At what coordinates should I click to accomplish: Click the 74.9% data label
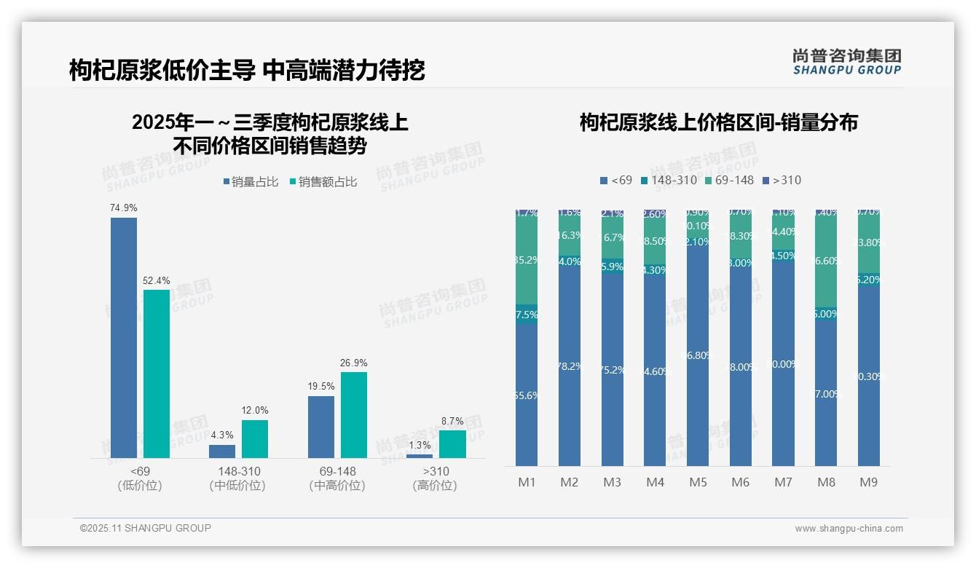click(124, 208)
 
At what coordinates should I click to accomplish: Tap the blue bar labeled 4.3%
click(222, 451)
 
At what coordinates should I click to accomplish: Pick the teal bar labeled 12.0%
click(255, 438)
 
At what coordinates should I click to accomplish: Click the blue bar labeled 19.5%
click(321, 427)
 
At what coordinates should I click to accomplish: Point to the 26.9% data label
click(354, 363)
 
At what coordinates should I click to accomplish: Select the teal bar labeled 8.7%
click(452, 443)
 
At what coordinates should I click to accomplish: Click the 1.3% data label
click(420, 445)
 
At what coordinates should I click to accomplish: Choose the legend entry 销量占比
click(251, 182)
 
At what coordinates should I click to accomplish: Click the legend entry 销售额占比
click(323, 182)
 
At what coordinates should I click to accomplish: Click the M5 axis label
click(698, 482)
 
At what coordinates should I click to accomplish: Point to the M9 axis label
click(869, 482)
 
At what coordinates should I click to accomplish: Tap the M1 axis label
click(527, 482)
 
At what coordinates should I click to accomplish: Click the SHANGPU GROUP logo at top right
click(846, 62)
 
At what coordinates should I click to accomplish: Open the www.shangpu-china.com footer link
click(849, 529)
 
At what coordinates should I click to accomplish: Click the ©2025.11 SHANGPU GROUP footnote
click(146, 528)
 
